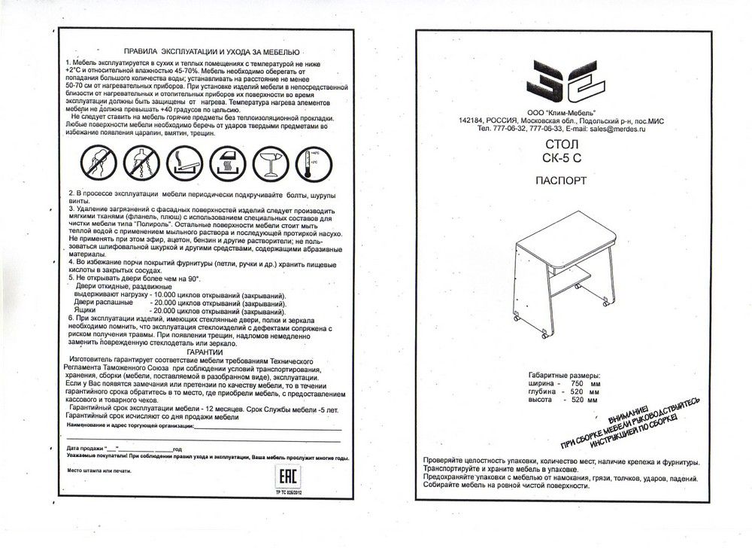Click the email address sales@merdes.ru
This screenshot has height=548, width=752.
[x=617, y=129]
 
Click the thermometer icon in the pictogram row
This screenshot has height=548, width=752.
[x=308, y=163]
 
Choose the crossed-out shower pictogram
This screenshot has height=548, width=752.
[x=138, y=163]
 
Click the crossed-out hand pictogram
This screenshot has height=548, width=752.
[x=96, y=163]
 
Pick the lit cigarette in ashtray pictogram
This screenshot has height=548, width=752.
[x=183, y=163]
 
